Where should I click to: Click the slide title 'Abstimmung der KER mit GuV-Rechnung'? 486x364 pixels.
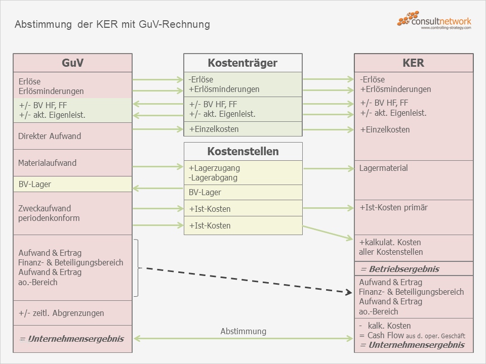coord(112,24)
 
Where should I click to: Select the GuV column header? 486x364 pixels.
coord(72,63)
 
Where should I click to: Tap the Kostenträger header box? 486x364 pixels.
coord(242,63)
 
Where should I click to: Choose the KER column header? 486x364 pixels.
coord(413,63)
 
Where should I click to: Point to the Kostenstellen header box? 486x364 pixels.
coord(242,151)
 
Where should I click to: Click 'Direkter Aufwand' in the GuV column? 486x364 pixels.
coord(50,136)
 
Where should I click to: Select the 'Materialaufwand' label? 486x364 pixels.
coord(47,163)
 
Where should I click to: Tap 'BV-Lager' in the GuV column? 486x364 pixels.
coord(34,184)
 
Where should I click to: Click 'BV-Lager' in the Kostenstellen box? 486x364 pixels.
coord(205,192)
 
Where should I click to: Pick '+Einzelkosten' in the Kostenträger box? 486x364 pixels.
coord(214,129)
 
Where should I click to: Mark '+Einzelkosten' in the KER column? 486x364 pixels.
coord(385,129)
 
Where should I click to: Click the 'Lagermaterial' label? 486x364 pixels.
coord(383,168)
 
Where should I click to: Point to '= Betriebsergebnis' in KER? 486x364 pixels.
coord(399,269)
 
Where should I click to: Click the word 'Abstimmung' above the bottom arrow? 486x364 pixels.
coord(243,331)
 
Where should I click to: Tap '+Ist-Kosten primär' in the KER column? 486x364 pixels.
coord(394,207)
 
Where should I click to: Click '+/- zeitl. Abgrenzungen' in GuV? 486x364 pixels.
coord(61,313)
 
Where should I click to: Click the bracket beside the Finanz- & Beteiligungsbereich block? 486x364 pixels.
coord(137,268)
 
